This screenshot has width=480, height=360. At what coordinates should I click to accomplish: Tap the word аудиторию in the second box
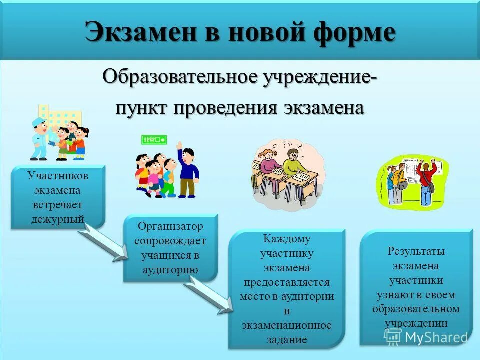pyautogui.click(x=170, y=270)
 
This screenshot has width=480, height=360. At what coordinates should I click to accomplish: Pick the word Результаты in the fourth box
pyautogui.click(x=416, y=251)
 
